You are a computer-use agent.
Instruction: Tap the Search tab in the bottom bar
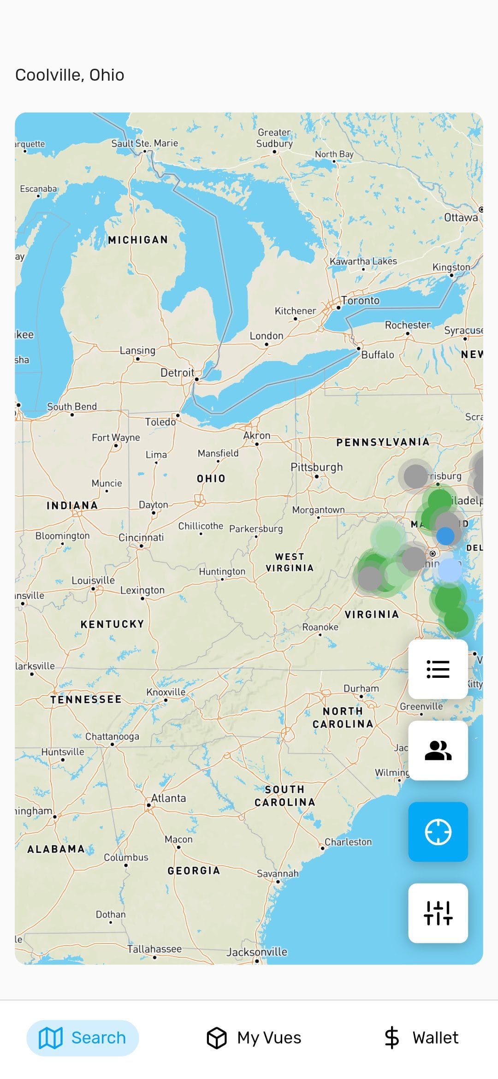point(83,1038)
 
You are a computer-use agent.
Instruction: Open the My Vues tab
point(254,1038)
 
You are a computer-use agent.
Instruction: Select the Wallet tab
point(421,1038)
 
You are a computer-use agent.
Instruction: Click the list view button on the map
point(438,669)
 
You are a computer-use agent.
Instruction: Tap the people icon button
point(438,751)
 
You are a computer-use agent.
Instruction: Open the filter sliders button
point(438,913)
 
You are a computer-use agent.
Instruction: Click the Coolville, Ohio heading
point(70,75)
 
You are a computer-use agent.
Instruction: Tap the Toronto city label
point(361,301)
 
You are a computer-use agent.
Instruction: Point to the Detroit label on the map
point(177,373)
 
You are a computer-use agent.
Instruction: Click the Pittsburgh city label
point(317,467)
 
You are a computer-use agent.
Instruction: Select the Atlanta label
point(169,798)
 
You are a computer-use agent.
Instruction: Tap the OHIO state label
point(211,479)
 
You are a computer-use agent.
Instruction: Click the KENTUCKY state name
point(112,624)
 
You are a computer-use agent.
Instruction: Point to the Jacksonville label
point(257,952)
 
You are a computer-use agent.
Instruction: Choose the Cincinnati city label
point(141,538)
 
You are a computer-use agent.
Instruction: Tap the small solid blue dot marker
point(445,536)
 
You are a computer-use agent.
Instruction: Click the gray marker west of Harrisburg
point(415,476)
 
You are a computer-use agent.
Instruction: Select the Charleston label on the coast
point(348,842)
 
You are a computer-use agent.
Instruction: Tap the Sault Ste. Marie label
point(144,143)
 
